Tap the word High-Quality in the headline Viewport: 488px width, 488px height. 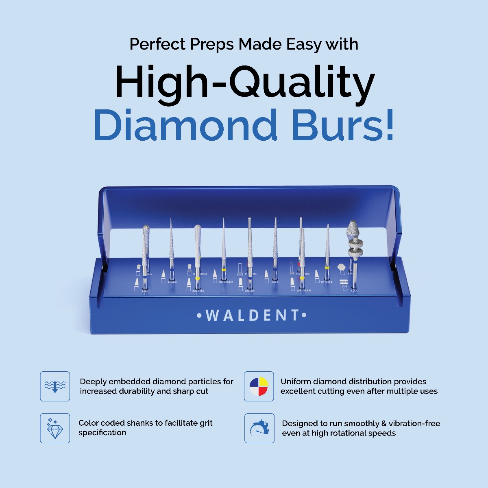[x=244, y=83]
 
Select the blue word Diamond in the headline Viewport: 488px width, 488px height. [x=185, y=125]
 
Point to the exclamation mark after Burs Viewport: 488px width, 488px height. [x=389, y=125]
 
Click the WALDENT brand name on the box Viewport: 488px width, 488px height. [x=252, y=316]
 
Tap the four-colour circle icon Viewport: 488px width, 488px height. [x=259, y=386]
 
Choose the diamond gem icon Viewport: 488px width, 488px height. [x=55, y=428]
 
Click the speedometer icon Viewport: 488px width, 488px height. [x=259, y=428]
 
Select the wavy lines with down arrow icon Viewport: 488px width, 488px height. [x=55, y=386]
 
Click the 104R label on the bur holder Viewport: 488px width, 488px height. [x=172, y=282]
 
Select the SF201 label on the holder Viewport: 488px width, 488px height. [x=327, y=282]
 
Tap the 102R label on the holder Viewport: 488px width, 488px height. [x=250, y=291]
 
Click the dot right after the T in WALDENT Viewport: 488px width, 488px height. [x=304, y=315]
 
